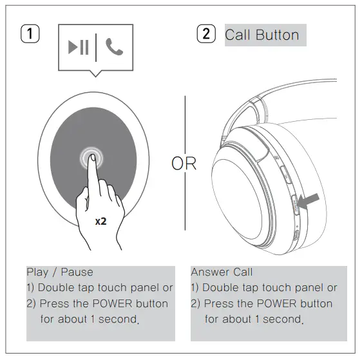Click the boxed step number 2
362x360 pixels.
(x=205, y=35)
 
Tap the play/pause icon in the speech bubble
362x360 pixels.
(x=79, y=48)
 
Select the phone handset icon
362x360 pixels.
(x=114, y=48)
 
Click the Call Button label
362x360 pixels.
(x=262, y=35)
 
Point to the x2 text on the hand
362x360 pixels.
(x=101, y=221)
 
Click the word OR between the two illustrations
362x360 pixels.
(x=184, y=164)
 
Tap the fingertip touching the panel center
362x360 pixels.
(x=90, y=158)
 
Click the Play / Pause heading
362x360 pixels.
(x=59, y=272)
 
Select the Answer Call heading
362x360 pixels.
(x=222, y=272)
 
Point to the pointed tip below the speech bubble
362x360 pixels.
(x=95, y=75)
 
